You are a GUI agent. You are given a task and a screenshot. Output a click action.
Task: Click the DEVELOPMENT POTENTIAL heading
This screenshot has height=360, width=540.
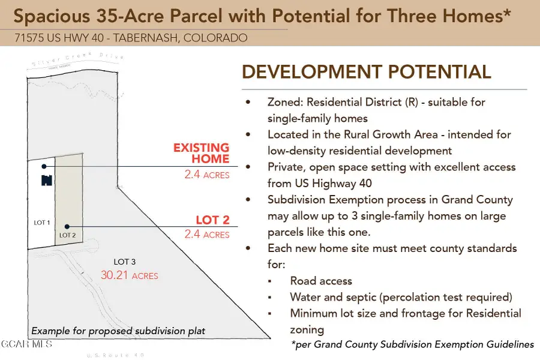pyautogui.click(x=366, y=72)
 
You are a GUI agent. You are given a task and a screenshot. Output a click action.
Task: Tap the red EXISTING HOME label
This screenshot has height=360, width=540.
pyautogui.click(x=202, y=153)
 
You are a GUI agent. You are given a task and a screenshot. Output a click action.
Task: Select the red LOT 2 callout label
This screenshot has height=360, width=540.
pyautogui.click(x=212, y=220)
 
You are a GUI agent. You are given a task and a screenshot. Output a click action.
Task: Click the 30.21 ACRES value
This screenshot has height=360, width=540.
pyautogui.click(x=129, y=275)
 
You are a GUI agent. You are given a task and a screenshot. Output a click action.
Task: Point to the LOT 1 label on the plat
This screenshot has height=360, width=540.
pyautogui.click(x=41, y=223)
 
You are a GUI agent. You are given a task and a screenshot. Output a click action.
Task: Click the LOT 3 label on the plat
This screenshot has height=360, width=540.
pyautogui.click(x=125, y=262)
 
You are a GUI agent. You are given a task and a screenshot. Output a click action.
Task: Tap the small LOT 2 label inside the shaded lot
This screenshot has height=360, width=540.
pyautogui.click(x=67, y=235)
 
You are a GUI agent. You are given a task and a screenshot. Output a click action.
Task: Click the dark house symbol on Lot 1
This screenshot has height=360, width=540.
pyautogui.click(x=46, y=180)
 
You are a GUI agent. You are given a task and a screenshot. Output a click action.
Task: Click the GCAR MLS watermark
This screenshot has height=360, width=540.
pyautogui.click(x=26, y=344)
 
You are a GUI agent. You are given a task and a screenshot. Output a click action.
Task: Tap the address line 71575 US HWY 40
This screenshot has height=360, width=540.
pyautogui.click(x=131, y=38)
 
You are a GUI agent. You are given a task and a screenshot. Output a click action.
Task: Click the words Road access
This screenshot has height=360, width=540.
pyautogui.click(x=321, y=281)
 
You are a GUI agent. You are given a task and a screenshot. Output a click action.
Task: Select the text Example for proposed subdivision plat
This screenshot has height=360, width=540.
pyautogui.click(x=118, y=331)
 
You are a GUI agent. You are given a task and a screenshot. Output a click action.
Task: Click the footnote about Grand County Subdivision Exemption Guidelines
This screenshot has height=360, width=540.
pyautogui.click(x=413, y=344)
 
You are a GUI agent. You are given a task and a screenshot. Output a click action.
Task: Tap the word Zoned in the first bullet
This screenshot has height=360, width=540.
pyautogui.click(x=285, y=102)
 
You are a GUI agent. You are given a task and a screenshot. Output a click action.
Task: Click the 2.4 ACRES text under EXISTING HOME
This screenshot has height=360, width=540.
pyautogui.click(x=206, y=175)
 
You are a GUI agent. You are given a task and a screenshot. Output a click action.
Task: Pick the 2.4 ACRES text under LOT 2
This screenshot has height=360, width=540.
pyautogui.click(x=206, y=235)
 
